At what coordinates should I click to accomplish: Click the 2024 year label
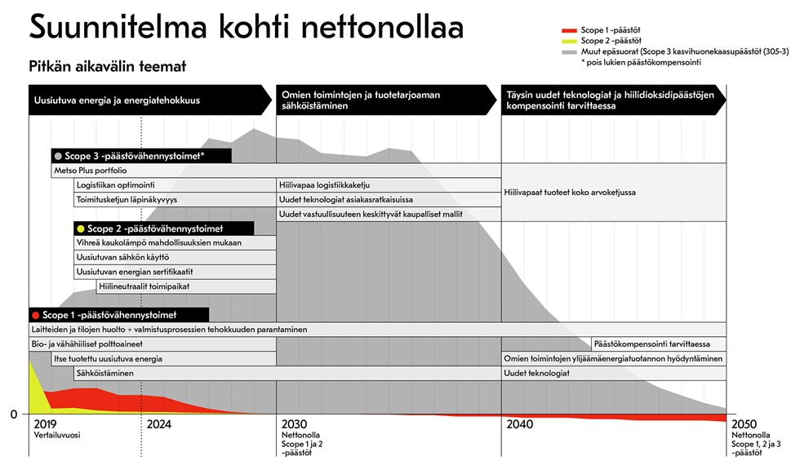tap(159, 424)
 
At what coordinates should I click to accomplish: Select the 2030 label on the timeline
tap(295, 424)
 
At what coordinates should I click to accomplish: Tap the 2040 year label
tap(520, 424)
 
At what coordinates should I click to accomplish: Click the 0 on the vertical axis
tap(14, 415)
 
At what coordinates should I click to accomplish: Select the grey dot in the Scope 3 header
tap(57, 156)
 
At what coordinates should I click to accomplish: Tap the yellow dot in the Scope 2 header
tap(80, 228)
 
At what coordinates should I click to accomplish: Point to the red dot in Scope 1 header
tap(34, 315)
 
